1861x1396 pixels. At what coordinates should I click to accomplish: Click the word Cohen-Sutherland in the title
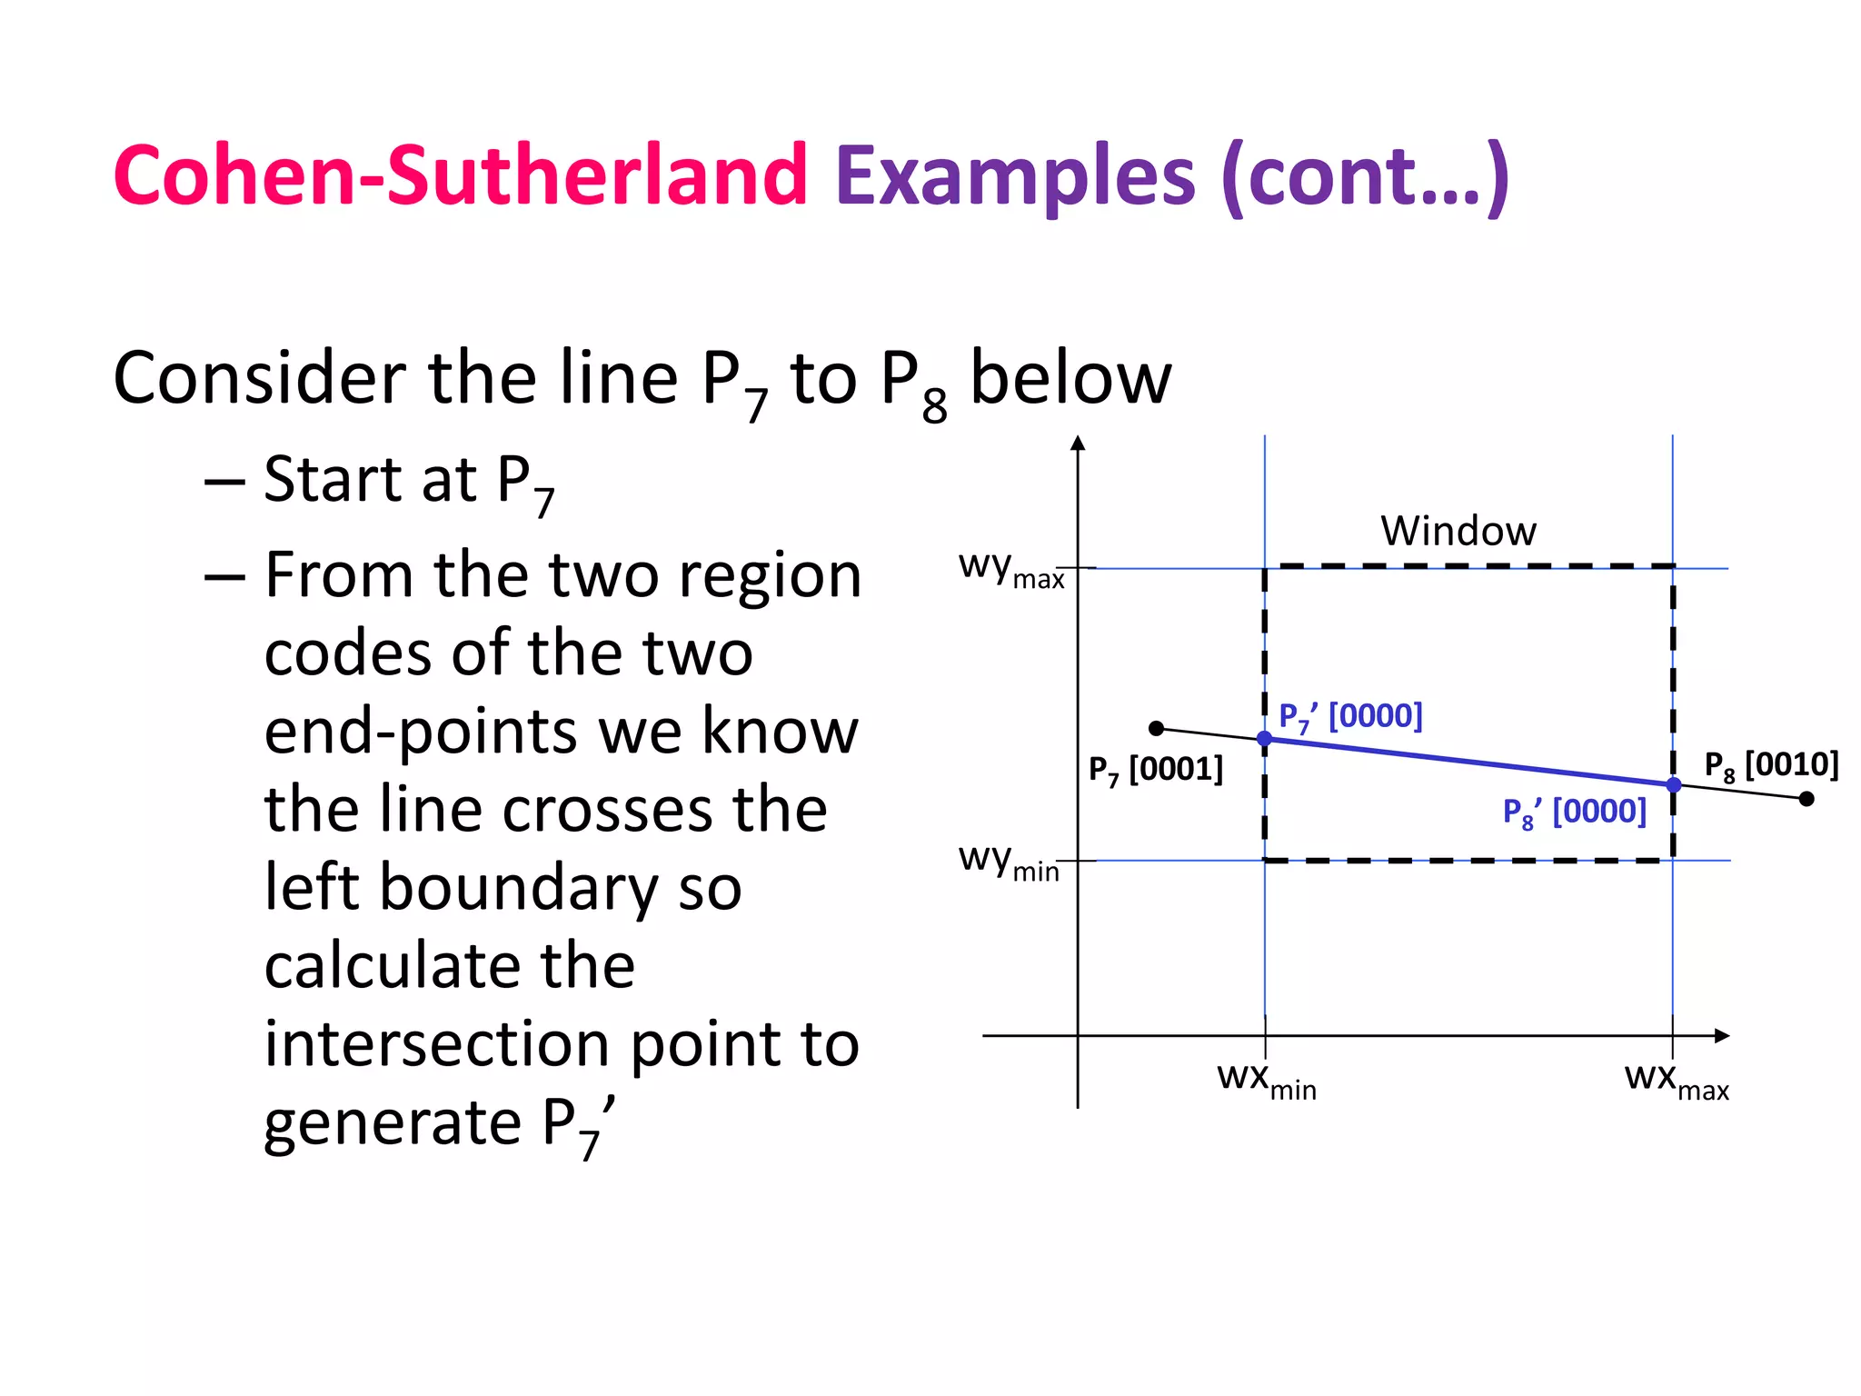(x=460, y=174)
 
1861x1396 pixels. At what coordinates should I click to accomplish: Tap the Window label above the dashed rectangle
(x=1458, y=531)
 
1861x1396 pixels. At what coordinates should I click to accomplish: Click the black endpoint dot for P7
(x=1156, y=728)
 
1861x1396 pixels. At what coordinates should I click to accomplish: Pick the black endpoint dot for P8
(x=1806, y=799)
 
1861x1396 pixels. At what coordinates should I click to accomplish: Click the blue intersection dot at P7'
(x=1264, y=739)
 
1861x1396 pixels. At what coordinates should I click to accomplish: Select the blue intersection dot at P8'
(x=1673, y=784)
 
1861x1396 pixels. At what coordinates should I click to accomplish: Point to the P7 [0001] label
(x=1156, y=770)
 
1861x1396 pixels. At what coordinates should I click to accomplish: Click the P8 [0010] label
(x=1770, y=765)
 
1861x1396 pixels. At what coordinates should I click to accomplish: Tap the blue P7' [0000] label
(x=1350, y=716)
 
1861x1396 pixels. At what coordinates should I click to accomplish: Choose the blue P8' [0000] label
(x=1574, y=812)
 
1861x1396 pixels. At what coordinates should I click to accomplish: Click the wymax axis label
(x=1010, y=569)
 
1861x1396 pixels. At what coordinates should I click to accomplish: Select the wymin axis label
(x=1009, y=861)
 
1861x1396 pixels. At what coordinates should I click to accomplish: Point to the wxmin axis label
(x=1267, y=1081)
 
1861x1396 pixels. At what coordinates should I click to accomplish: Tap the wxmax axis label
(x=1677, y=1081)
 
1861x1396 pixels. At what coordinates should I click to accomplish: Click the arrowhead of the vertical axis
(x=1078, y=444)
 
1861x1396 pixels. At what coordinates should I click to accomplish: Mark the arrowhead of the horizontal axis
(x=1722, y=1036)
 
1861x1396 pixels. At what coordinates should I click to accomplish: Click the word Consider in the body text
(x=260, y=378)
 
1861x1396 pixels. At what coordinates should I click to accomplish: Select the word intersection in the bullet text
(x=438, y=1043)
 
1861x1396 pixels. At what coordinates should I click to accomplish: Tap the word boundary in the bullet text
(x=518, y=887)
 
